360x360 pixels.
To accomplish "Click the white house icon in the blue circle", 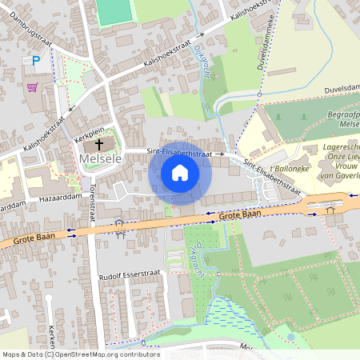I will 180,173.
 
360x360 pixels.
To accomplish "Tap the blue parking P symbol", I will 35,60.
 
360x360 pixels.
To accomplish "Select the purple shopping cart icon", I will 32,87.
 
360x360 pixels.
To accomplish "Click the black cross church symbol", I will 100,145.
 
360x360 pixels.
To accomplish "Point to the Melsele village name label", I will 100,159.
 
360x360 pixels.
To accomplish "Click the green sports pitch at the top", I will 114,10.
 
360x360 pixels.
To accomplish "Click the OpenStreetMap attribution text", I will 80,354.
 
